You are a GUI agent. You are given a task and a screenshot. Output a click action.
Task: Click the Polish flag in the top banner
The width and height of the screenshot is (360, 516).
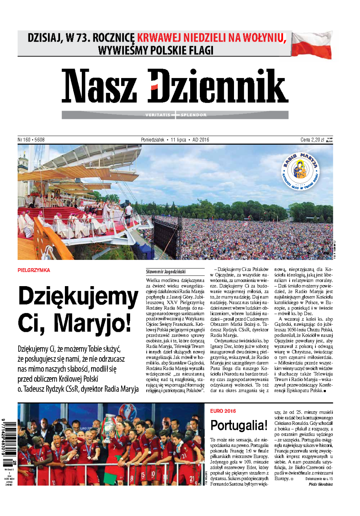(312, 45)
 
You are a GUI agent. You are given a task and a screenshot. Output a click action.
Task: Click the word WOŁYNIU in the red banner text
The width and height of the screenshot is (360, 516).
(264, 38)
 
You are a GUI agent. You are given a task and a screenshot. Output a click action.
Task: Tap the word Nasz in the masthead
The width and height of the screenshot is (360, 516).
(99, 86)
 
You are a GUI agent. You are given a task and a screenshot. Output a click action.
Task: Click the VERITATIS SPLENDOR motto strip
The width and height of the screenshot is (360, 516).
(175, 115)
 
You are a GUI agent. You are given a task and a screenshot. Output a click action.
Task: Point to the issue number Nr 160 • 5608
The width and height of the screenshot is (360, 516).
(31, 140)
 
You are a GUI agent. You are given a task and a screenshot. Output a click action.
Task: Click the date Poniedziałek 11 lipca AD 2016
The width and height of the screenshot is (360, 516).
(175, 140)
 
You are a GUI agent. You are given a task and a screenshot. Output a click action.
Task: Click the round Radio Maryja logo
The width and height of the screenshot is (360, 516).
(300, 171)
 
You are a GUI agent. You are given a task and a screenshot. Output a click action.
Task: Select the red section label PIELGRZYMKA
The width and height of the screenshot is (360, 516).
(34, 270)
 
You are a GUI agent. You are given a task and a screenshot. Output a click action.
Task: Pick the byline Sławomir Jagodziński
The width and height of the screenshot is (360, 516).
(166, 271)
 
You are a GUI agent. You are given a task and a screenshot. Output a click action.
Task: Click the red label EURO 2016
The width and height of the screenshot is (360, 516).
(223, 411)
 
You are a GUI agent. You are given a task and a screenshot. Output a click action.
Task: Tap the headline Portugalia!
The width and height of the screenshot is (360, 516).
(239, 426)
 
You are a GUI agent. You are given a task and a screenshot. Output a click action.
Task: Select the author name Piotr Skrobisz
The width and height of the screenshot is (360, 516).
(321, 484)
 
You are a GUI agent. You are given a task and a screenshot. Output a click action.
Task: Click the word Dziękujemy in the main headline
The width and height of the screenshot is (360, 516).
(78, 297)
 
